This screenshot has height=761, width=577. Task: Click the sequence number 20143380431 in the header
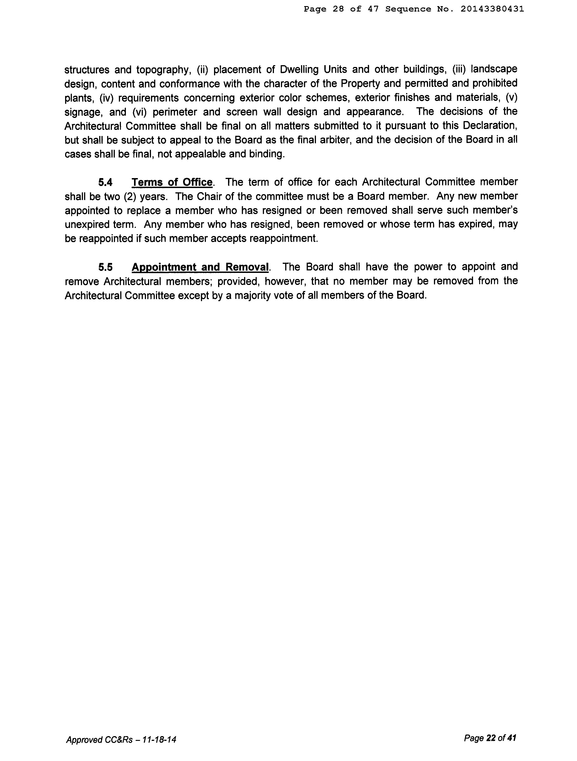click(492, 9)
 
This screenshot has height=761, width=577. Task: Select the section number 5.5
click(106, 267)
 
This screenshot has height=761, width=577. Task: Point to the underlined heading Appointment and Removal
click(200, 267)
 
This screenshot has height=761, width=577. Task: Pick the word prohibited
click(495, 83)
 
